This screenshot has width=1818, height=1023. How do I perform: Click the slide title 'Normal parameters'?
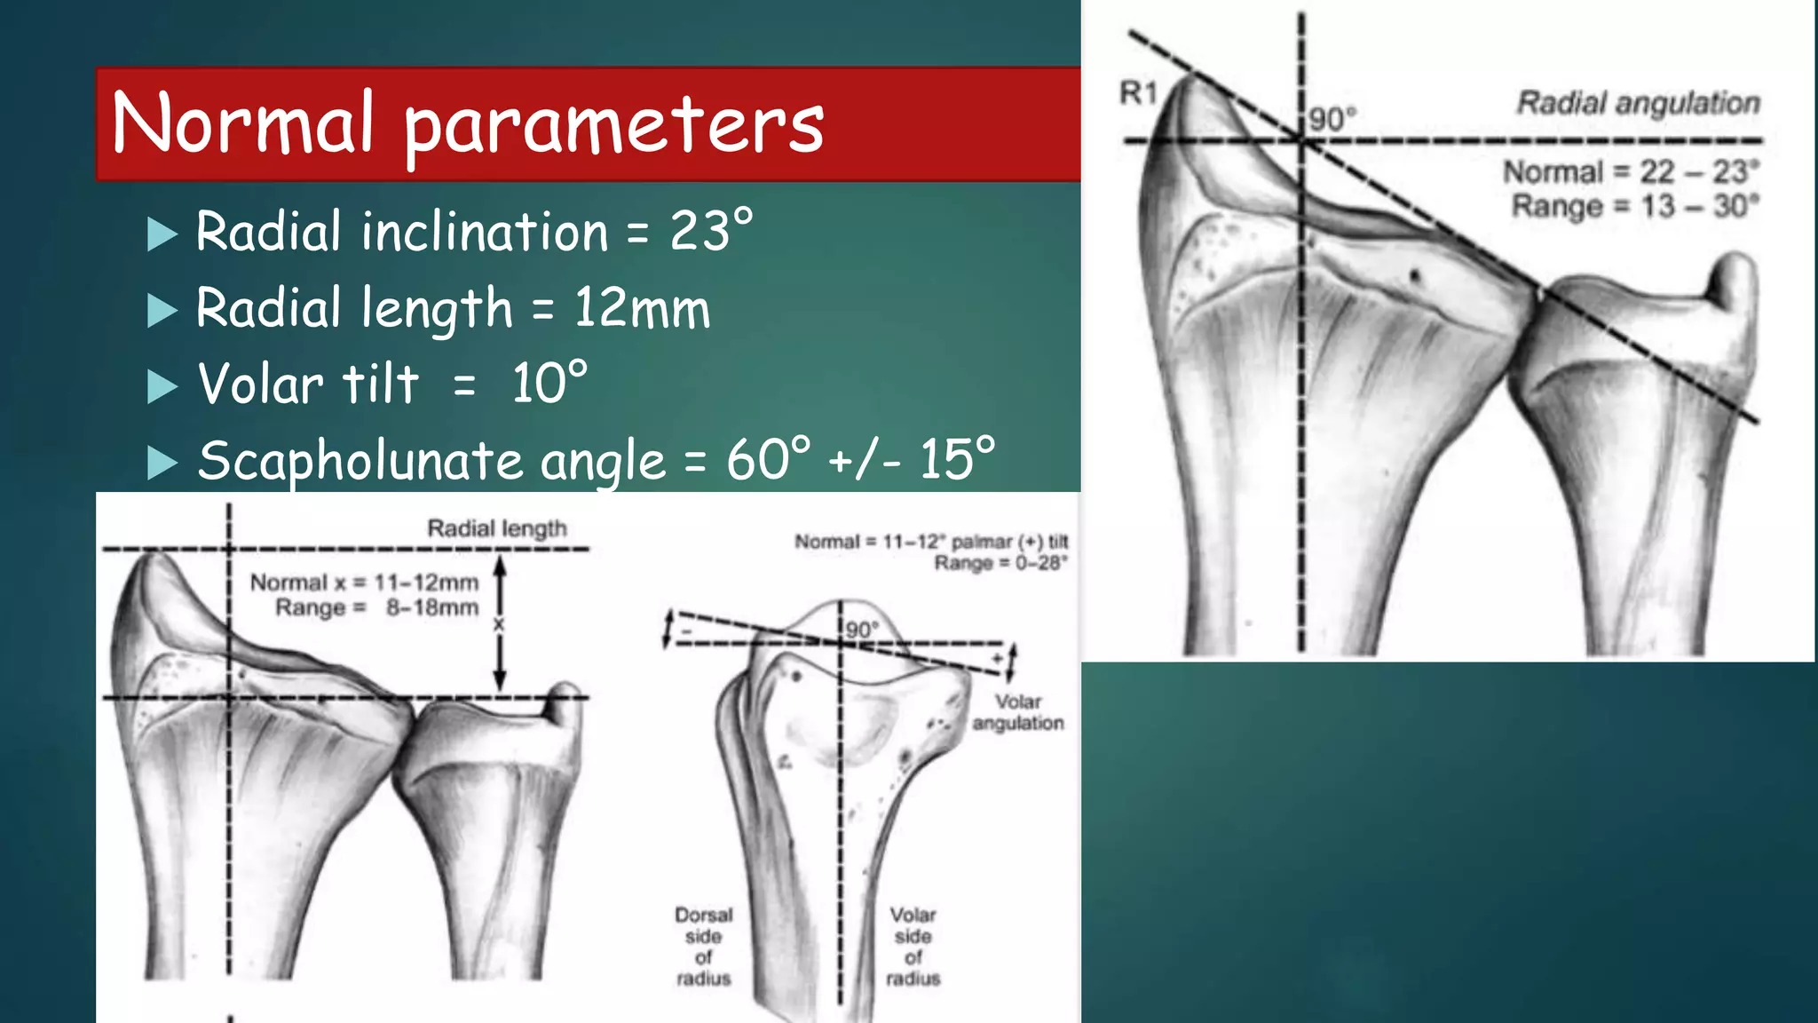coord(468,123)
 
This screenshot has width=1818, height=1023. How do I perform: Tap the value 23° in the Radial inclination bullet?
coord(711,232)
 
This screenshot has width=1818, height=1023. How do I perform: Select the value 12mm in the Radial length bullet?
coord(642,309)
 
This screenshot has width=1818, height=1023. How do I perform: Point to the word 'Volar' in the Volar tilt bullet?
coord(260,385)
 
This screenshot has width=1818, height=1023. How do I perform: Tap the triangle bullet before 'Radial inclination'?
coord(162,234)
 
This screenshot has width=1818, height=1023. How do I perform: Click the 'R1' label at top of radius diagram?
coord(1139,92)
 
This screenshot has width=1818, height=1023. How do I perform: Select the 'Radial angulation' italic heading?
coord(1638,103)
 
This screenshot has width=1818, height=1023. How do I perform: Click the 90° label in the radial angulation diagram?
coord(1332,119)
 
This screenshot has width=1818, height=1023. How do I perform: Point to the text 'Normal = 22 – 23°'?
coord(1631,171)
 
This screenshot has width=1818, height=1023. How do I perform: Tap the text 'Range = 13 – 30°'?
coord(1635,206)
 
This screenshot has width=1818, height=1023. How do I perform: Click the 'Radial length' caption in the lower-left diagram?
coord(497,528)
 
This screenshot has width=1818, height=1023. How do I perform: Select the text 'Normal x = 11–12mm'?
coord(364,583)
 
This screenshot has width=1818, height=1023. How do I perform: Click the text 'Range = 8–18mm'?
coord(376,608)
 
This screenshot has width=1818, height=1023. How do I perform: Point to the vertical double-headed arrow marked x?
coord(500,623)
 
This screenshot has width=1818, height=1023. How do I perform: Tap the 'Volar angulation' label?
coord(1017,712)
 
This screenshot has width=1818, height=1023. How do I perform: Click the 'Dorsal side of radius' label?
coord(703,947)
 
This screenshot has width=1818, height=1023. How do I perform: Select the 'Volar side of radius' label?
coord(913,947)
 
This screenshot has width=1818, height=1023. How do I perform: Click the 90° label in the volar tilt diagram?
coord(861,630)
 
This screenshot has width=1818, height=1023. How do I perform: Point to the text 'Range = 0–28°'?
coord(1000,563)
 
